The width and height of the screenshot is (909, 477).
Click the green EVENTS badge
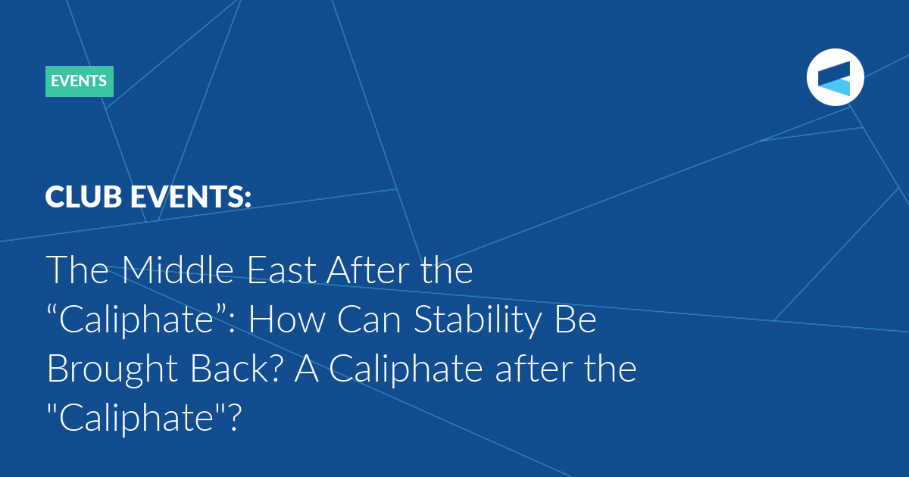(79, 81)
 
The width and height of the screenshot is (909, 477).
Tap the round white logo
(835, 77)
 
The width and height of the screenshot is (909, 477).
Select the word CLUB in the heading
(83, 197)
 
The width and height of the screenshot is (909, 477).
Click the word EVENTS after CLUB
(191, 197)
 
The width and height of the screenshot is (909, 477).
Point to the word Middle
(177, 270)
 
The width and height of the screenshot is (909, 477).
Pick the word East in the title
(281, 270)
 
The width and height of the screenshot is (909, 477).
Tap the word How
(286, 320)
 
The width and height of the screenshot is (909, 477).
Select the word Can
(369, 320)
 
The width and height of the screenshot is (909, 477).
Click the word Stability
(478, 321)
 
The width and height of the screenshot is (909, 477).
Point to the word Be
(576, 320)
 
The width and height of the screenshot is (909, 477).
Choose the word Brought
(112, 370)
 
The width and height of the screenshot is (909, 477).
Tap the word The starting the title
(77, 270)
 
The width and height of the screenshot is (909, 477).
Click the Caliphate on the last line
(136, 419)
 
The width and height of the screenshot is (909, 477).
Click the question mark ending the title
(235, 418)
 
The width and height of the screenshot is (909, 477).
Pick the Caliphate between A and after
(406, 370)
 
